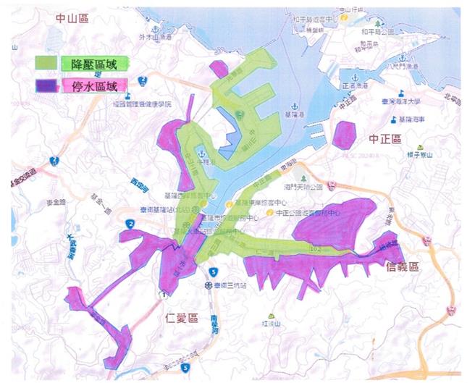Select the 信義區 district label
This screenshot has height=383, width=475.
tap(403, 266)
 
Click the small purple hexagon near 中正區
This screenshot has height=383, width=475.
tap(346, 135)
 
